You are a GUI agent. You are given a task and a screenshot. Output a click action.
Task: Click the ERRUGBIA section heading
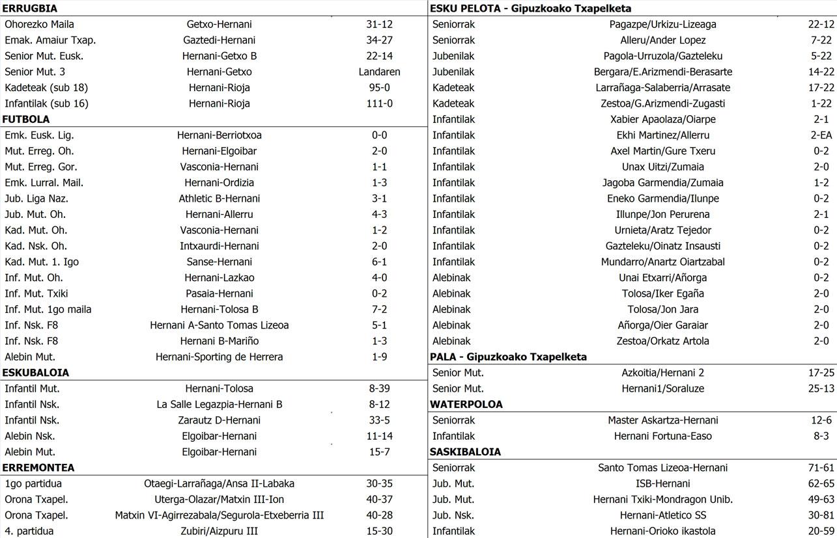(30, 8)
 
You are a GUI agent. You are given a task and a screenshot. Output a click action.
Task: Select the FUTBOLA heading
(26, 119)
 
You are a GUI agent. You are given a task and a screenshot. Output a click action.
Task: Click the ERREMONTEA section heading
(38, 468)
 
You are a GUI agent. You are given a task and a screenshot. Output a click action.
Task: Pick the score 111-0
(379, 103)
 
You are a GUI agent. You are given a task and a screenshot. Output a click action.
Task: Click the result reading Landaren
(379, 72)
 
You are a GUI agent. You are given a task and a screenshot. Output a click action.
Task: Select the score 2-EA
(821, 135)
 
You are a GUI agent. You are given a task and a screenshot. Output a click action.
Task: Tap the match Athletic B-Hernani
(219, 198)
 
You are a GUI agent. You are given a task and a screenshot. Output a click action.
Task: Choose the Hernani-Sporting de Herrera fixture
(219, 356)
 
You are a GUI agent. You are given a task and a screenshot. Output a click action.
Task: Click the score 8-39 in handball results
(379, 388)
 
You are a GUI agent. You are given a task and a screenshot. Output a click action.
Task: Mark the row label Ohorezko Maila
(39, 24)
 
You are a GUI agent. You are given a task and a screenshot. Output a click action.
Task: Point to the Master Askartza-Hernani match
(662, 420)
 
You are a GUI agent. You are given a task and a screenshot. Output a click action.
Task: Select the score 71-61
(821, 468)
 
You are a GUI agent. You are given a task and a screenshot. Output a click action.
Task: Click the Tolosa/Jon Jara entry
(662, 309)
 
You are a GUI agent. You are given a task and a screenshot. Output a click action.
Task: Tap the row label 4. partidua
(29, 531)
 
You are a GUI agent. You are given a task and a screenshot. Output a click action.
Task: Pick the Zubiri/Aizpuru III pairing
(219, 531)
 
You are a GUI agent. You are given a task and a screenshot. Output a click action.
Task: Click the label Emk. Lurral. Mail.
(44, 183)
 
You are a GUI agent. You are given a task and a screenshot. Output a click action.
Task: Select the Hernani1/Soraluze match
(662, 388)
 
